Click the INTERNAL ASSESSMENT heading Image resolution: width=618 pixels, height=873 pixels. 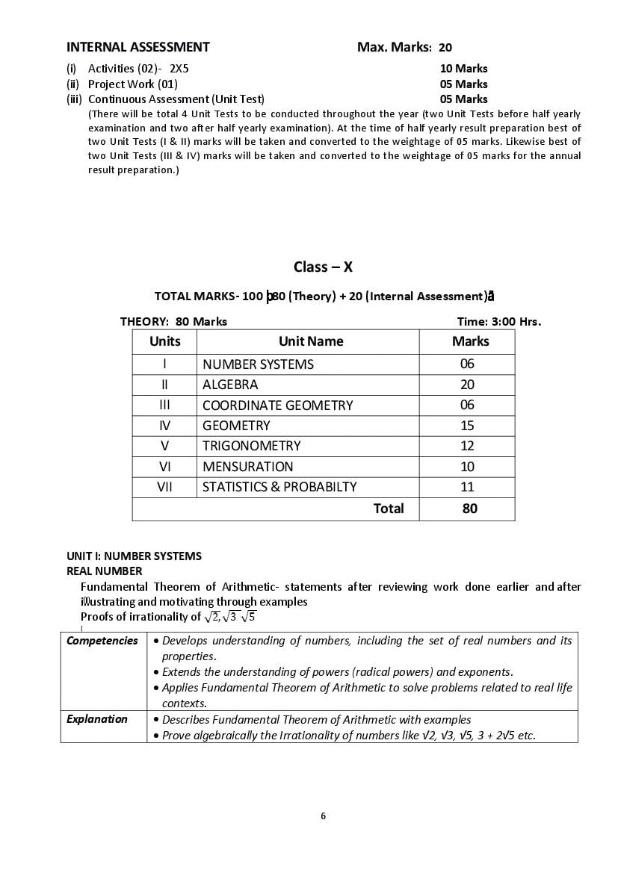137,47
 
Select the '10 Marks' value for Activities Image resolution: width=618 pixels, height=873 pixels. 463,69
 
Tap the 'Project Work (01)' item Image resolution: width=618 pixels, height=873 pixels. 132,84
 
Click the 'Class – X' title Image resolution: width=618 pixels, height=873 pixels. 323,267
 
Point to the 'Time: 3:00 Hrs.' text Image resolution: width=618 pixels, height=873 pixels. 498,322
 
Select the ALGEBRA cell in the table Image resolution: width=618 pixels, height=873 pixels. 230,385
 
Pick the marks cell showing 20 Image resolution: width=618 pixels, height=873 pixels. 467,385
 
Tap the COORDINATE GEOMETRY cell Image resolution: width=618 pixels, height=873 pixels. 277,406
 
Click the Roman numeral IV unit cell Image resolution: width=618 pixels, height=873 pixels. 164,426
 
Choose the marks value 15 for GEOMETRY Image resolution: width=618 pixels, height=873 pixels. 467,426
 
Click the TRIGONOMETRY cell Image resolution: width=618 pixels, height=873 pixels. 251,446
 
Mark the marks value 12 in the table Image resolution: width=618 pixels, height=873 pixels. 467,446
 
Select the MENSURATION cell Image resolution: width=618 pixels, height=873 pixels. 247,467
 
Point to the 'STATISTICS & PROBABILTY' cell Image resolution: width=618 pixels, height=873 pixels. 279,487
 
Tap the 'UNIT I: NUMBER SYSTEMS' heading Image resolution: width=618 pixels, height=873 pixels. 134,556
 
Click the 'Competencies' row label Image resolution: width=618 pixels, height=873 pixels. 102,641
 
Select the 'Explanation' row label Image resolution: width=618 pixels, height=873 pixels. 97,719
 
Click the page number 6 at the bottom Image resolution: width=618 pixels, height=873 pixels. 323,815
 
